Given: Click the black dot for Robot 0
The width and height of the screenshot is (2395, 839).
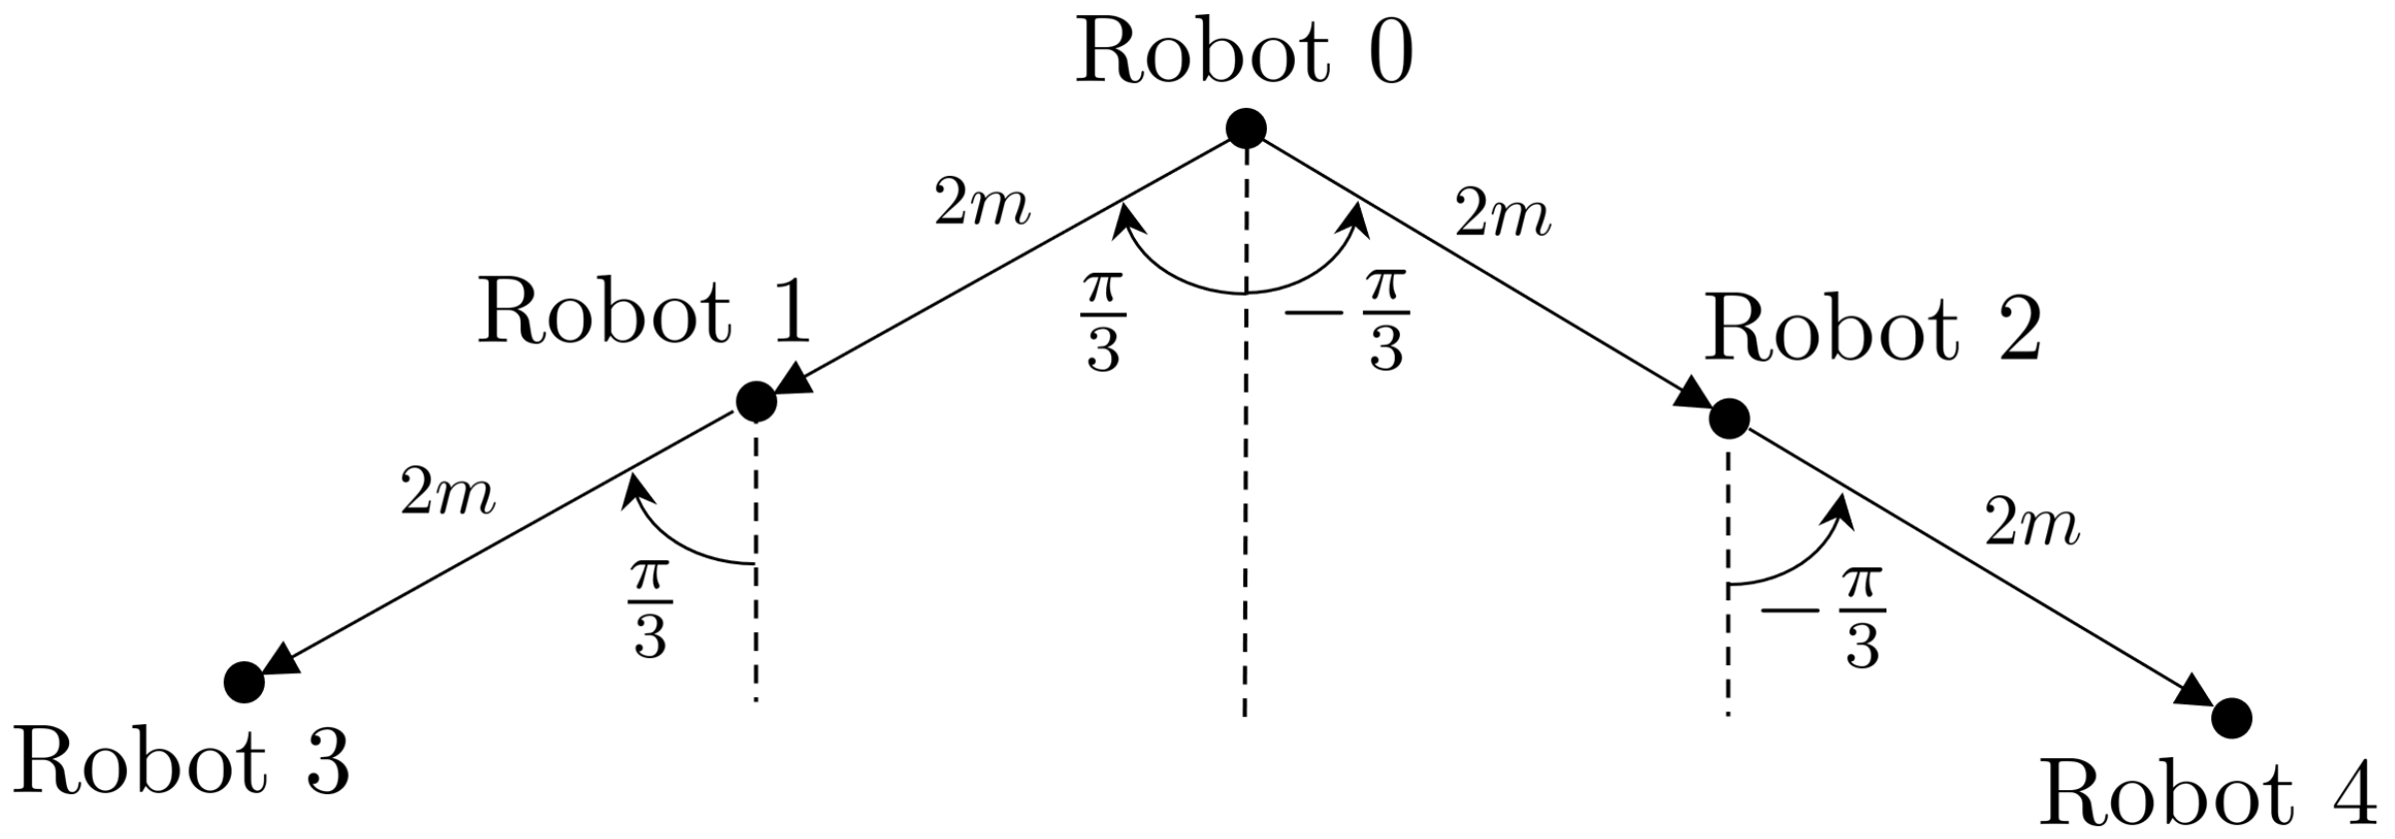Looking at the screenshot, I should [x=1246, y=128].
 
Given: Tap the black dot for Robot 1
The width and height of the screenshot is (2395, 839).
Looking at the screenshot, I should [x=755, y=402].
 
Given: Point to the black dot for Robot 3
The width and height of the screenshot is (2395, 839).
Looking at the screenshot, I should [x=244, y=682].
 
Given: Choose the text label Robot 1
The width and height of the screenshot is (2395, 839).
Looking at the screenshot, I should [x=643, y=312].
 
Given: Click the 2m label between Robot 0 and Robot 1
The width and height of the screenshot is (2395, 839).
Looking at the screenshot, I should [x=982, y=205].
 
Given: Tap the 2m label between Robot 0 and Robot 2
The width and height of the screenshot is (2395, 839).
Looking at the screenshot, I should [x=1503, y=216].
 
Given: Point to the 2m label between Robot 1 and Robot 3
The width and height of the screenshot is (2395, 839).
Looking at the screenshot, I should [x=448, y=494].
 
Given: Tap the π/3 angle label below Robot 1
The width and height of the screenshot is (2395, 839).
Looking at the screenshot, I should [x=649, y=609].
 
